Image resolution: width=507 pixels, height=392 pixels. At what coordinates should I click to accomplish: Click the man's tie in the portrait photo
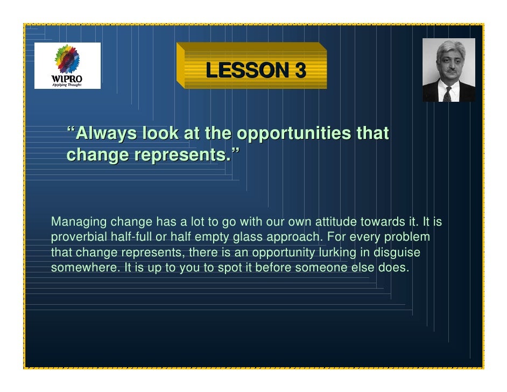click(x=447, y=94)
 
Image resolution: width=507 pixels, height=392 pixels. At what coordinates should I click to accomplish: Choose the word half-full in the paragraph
click(x=131, y=237)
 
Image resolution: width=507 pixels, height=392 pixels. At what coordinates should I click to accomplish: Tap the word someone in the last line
click(x=314, y=268)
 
